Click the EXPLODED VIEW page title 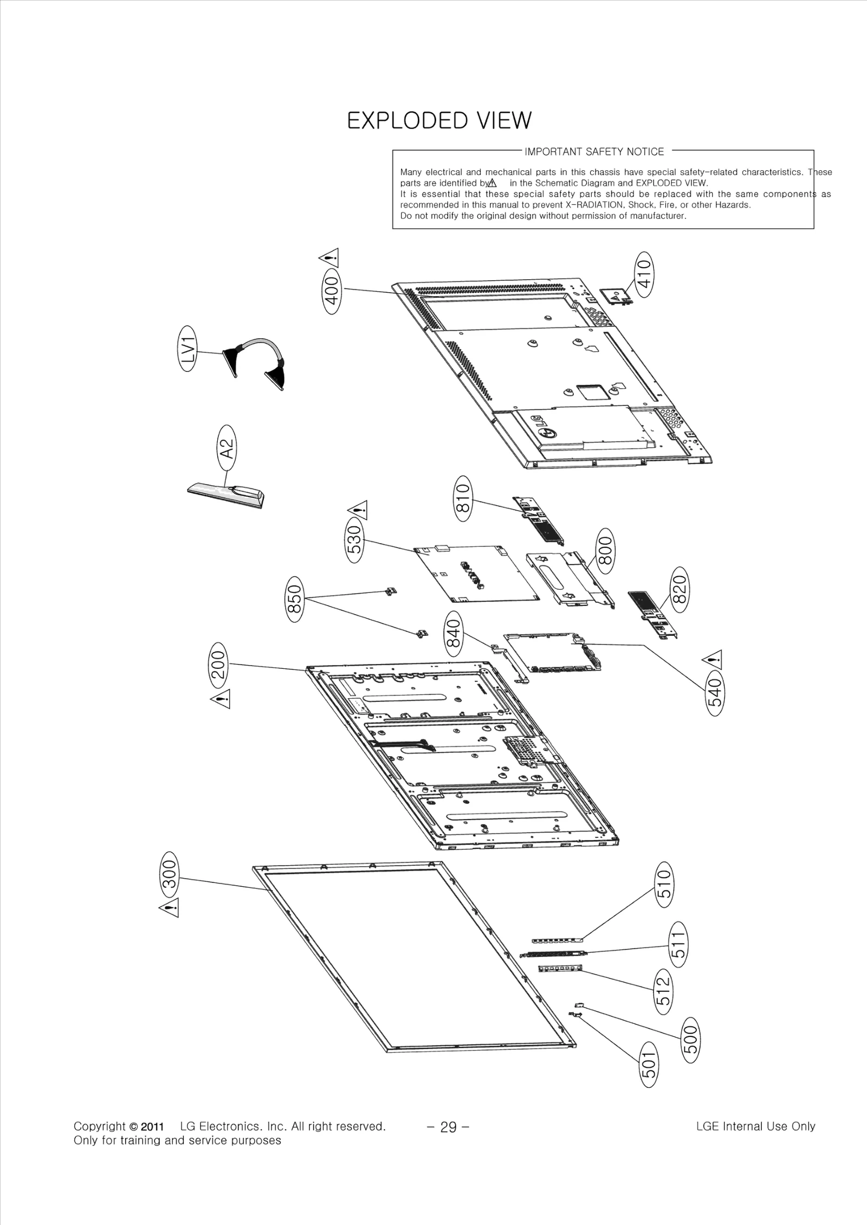[439, 120]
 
